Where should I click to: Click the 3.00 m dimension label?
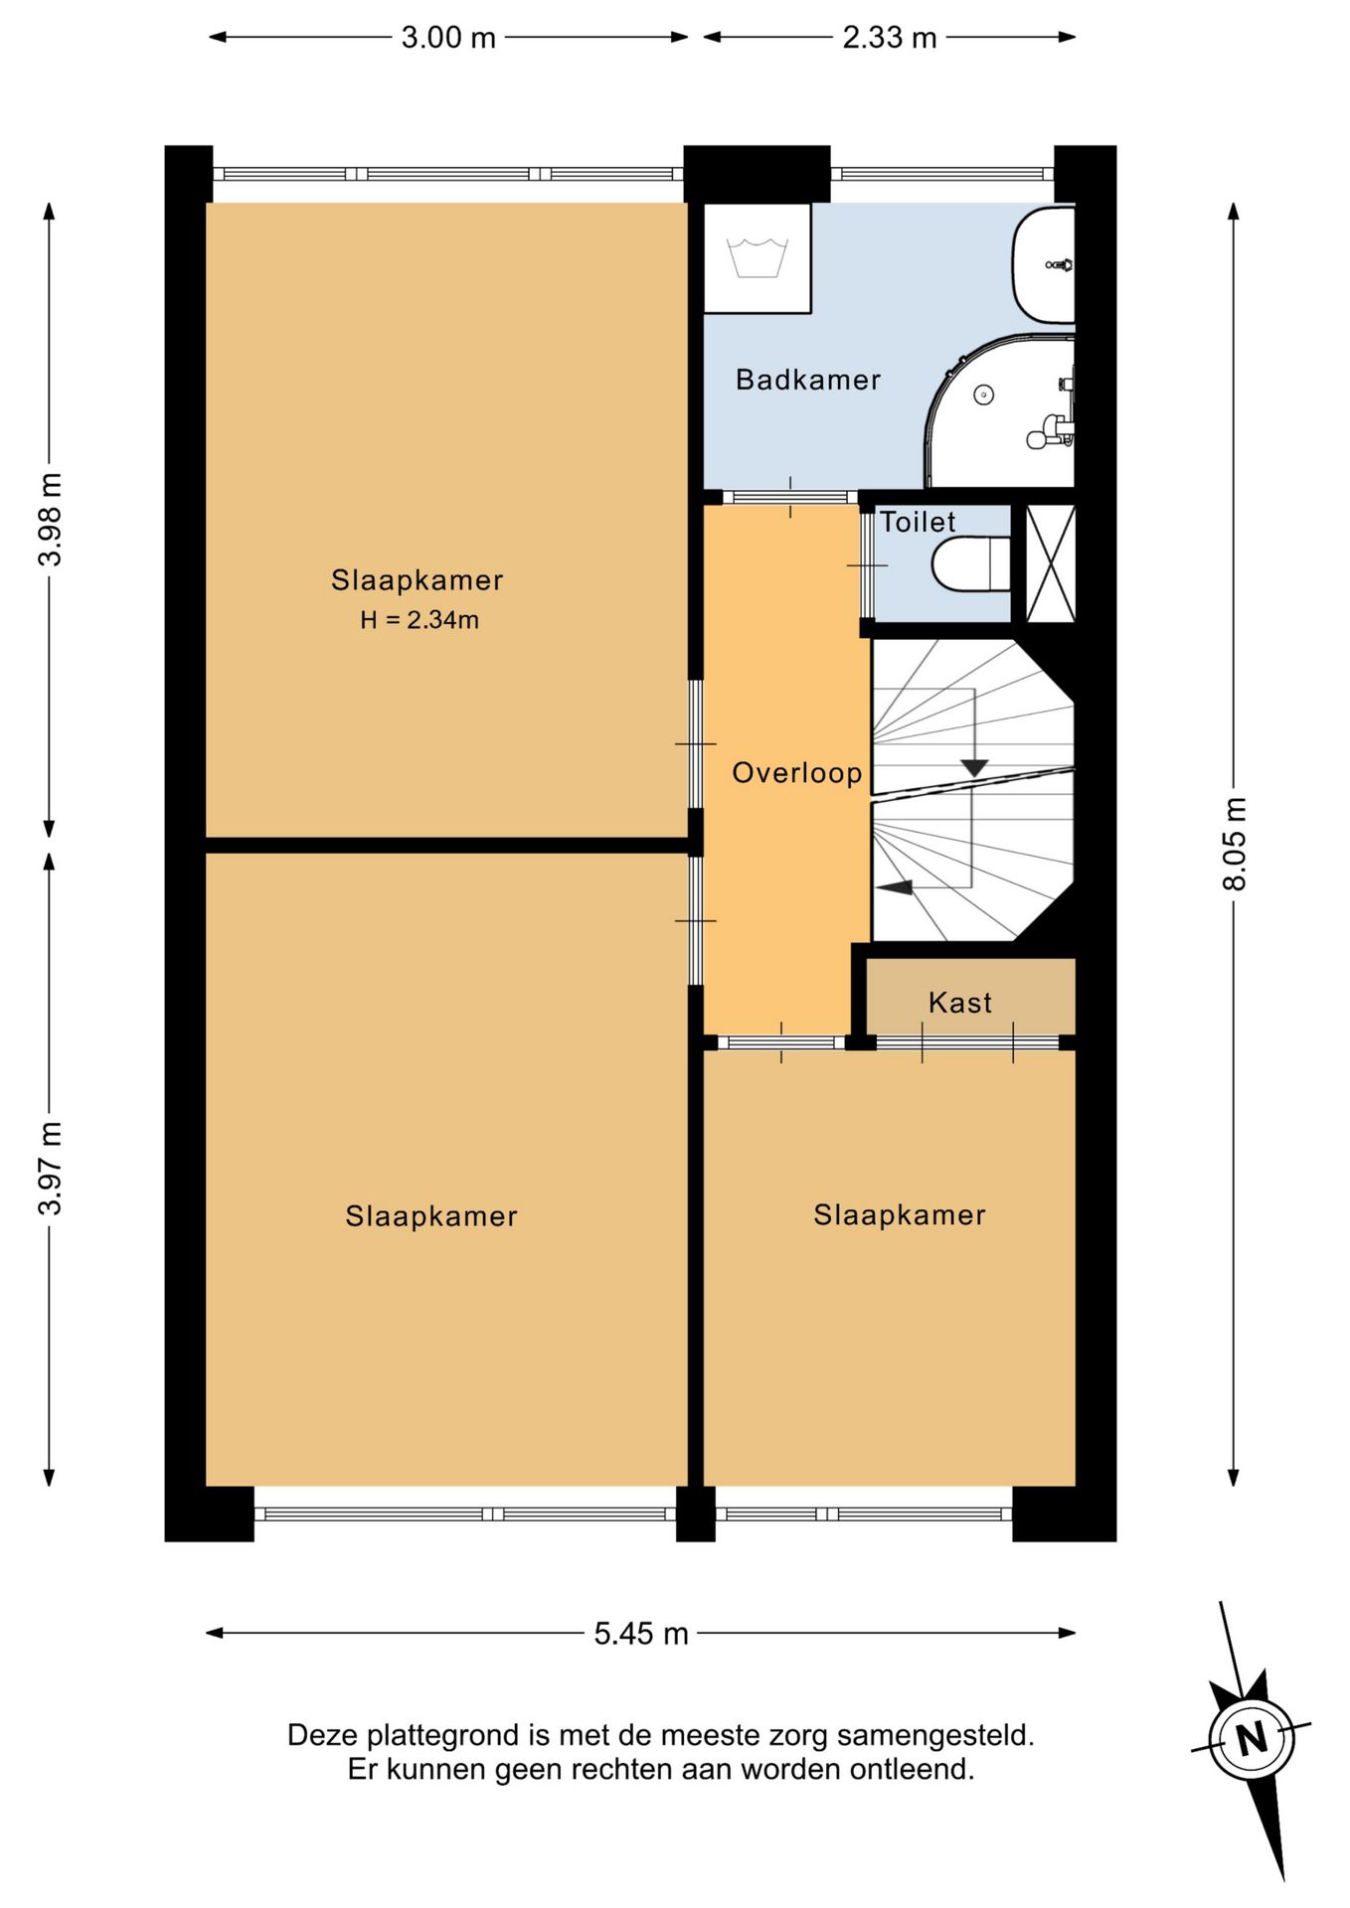coord(448,38)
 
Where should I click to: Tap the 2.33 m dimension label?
coord(890,38)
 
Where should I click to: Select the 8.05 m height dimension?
coord(1234,844)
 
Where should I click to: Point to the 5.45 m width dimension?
coord(641,1633)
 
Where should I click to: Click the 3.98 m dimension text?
coord(50,520)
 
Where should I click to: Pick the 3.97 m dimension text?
coord(50,1168)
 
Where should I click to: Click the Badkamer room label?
coord(808,380)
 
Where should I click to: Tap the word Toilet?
coord(918,522)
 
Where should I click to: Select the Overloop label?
coord(797,773)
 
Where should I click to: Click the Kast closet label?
coord(960,1003)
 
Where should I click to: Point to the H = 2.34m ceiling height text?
coord(420,620)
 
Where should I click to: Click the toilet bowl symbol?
coord(971,564)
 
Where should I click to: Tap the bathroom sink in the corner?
coord(1044,264)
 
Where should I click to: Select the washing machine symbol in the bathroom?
coord(758,258)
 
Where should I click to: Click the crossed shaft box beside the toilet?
coord(1051,563)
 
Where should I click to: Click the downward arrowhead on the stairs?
coord(974,768)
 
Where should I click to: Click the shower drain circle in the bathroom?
coord(983,396)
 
